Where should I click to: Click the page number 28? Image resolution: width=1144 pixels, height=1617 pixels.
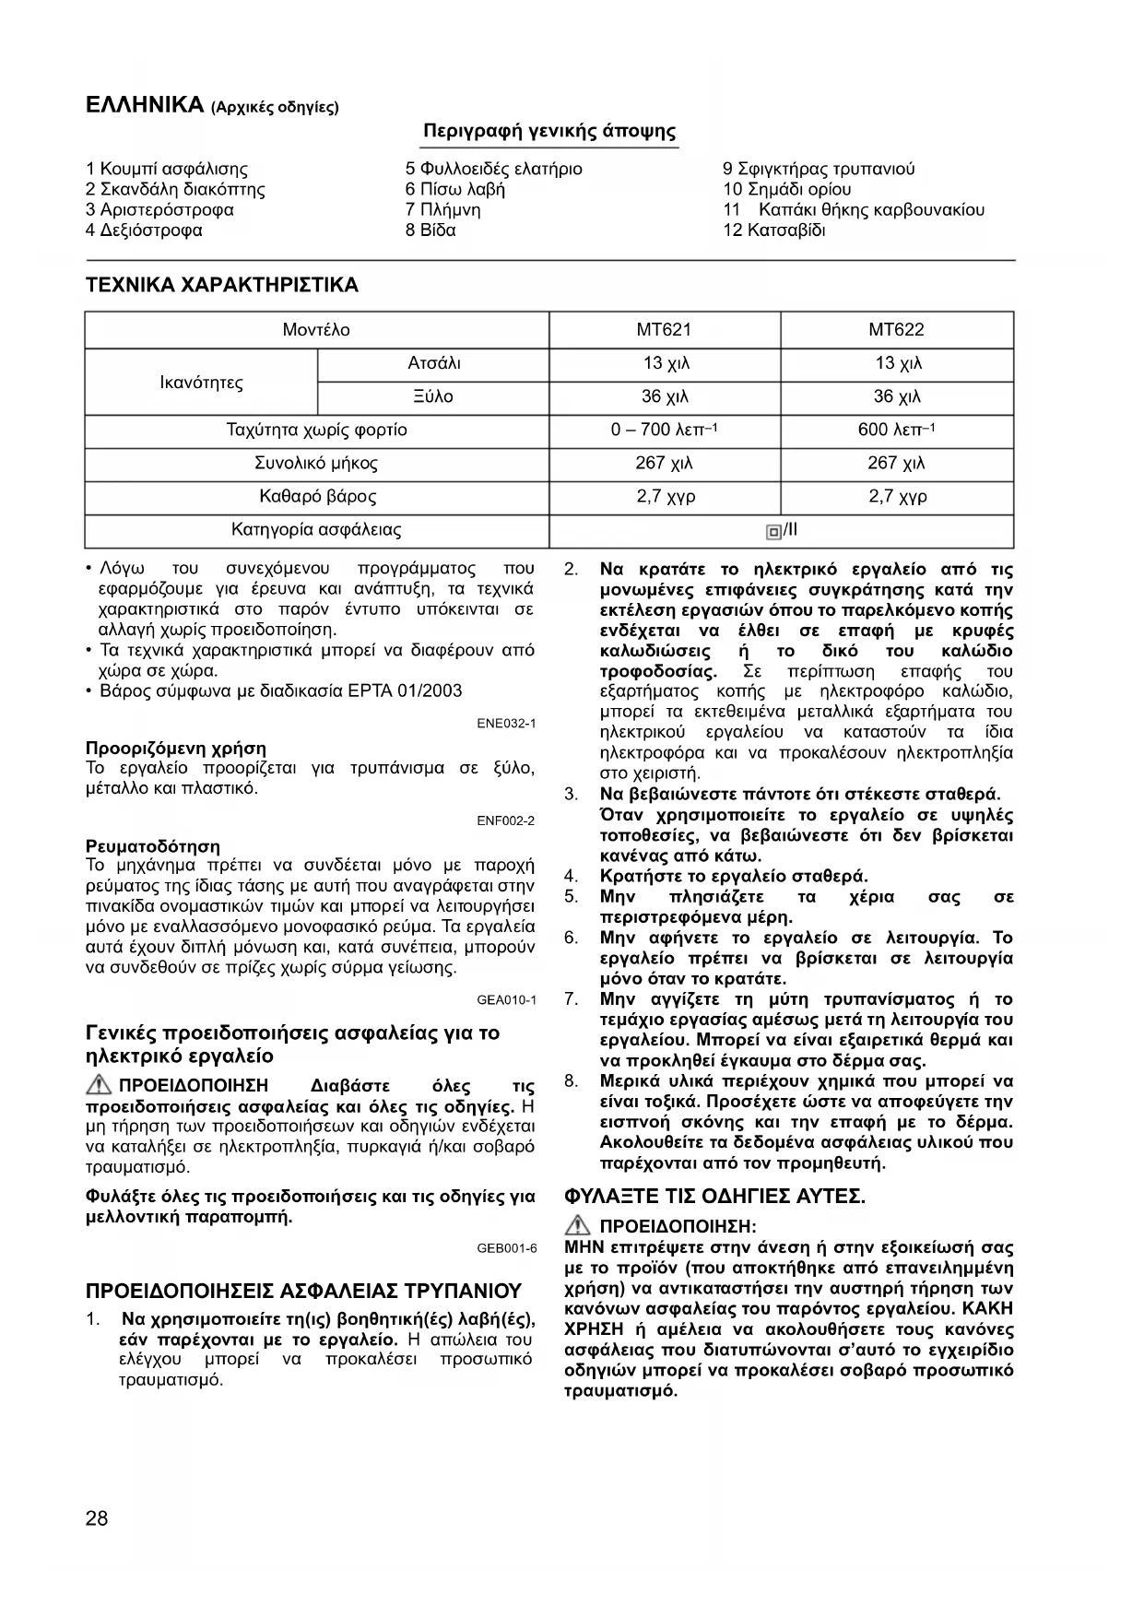pyautogui.click(x=97, y=1518)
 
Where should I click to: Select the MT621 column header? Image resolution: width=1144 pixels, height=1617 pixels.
pyautogui.click(x=664, y=330)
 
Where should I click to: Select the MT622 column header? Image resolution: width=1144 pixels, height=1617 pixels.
pyautogui.click(x=896, y=330)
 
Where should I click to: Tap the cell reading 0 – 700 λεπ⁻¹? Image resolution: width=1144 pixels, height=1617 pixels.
pyautogui.click(x=664, y=431)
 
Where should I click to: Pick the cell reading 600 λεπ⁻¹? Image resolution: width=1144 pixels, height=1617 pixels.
pyautogui.click(x=896, y=431)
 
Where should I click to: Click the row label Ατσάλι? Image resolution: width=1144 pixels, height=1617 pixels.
pyautogui.click(x=433, y=363)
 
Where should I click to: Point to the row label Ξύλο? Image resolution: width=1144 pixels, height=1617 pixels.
pyautogui.click(x=433, y=397)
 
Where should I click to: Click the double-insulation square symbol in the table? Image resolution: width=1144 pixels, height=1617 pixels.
pyautogui.click(x=772, y=531)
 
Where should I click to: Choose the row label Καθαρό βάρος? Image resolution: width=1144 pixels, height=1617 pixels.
pyautogui.click(x=317, y=497)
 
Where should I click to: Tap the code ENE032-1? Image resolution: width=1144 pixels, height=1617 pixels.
pyautogui.click(x=506, y=724)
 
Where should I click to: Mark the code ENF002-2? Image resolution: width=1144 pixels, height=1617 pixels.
pyautogui.click(x=506, y=820)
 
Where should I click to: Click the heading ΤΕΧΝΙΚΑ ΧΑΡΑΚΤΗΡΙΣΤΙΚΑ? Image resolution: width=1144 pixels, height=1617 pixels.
pyautogui.click(x=221, y=285)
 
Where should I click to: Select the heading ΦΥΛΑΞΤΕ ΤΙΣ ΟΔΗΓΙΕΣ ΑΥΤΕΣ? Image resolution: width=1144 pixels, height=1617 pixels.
pyautogui.click(x=714, y=1197)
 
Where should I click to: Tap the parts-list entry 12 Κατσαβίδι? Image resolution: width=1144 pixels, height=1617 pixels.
pyautogui.click(x=774, y=230)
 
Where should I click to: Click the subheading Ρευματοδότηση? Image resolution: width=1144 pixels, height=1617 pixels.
pyautogui.click(x=153, y=845)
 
